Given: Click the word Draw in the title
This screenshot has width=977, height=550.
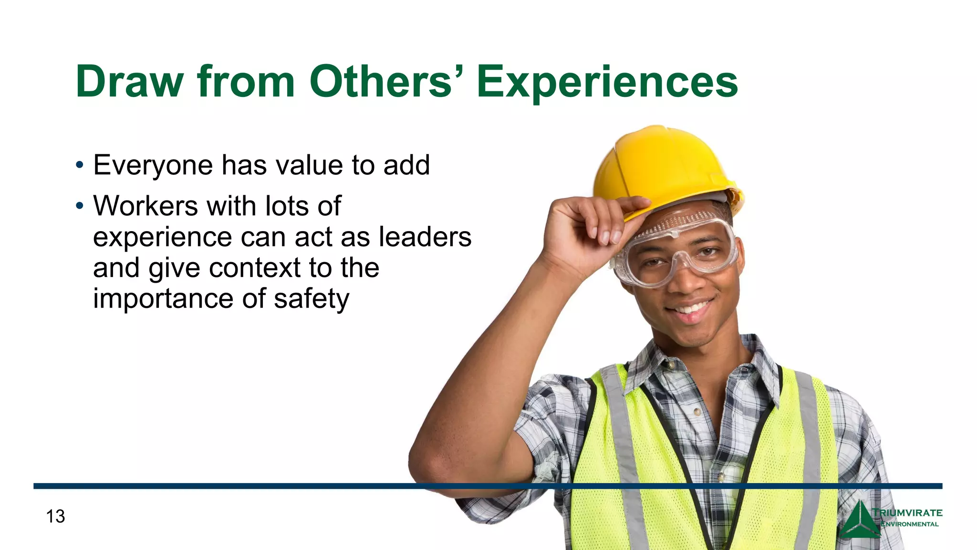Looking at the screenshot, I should [129, 82].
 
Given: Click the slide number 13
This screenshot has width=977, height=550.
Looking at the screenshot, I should [55, 516].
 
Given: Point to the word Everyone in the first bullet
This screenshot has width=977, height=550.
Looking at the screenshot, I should [153, 166].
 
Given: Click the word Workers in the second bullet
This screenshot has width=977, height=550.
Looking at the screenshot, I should [146, 206].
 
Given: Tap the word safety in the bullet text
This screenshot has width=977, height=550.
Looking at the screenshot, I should [312, 299].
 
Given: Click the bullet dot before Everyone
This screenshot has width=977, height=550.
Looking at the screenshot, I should [80, 166].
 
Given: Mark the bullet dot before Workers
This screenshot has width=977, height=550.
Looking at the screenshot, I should [80, 206].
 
